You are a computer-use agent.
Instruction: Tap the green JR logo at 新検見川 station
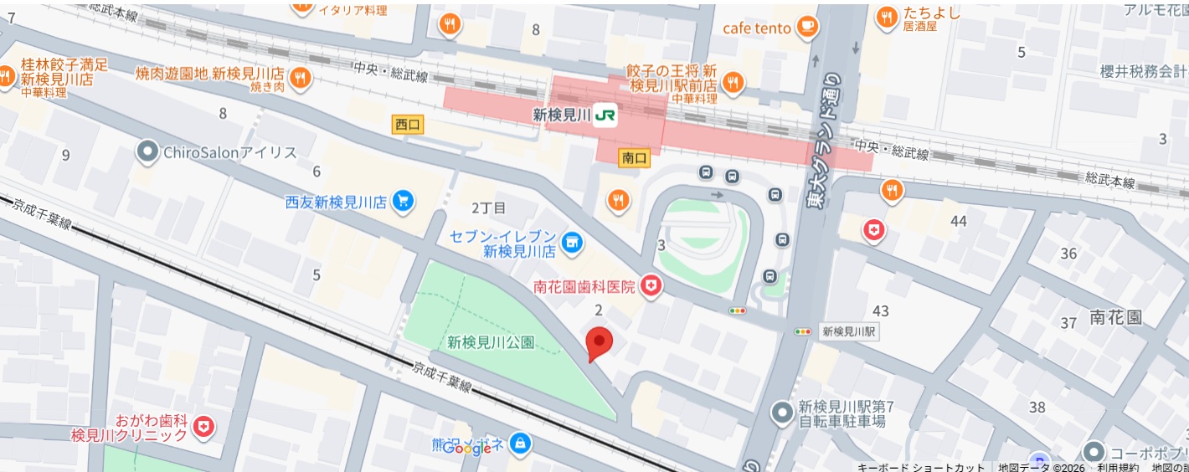605,116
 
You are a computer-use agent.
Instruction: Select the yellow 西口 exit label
408,125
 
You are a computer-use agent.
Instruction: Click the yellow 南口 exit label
635,157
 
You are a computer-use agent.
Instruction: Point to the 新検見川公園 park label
491,342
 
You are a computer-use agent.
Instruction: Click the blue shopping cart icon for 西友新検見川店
404,201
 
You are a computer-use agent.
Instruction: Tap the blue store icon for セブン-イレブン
572,243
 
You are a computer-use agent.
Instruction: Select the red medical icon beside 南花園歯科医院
651,287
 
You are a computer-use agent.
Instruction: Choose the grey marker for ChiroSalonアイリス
148,152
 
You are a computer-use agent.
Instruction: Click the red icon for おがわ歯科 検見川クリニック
203,428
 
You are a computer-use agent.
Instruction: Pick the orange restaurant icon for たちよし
887,16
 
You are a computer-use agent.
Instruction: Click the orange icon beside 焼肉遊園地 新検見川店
301,80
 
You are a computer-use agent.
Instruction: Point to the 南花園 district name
1115,317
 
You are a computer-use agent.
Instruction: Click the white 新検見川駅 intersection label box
848,331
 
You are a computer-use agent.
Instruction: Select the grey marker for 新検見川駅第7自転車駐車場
782,413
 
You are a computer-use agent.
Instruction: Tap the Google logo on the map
466,449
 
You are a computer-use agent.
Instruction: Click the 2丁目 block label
489,208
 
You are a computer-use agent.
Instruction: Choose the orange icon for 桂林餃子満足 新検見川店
7,76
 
